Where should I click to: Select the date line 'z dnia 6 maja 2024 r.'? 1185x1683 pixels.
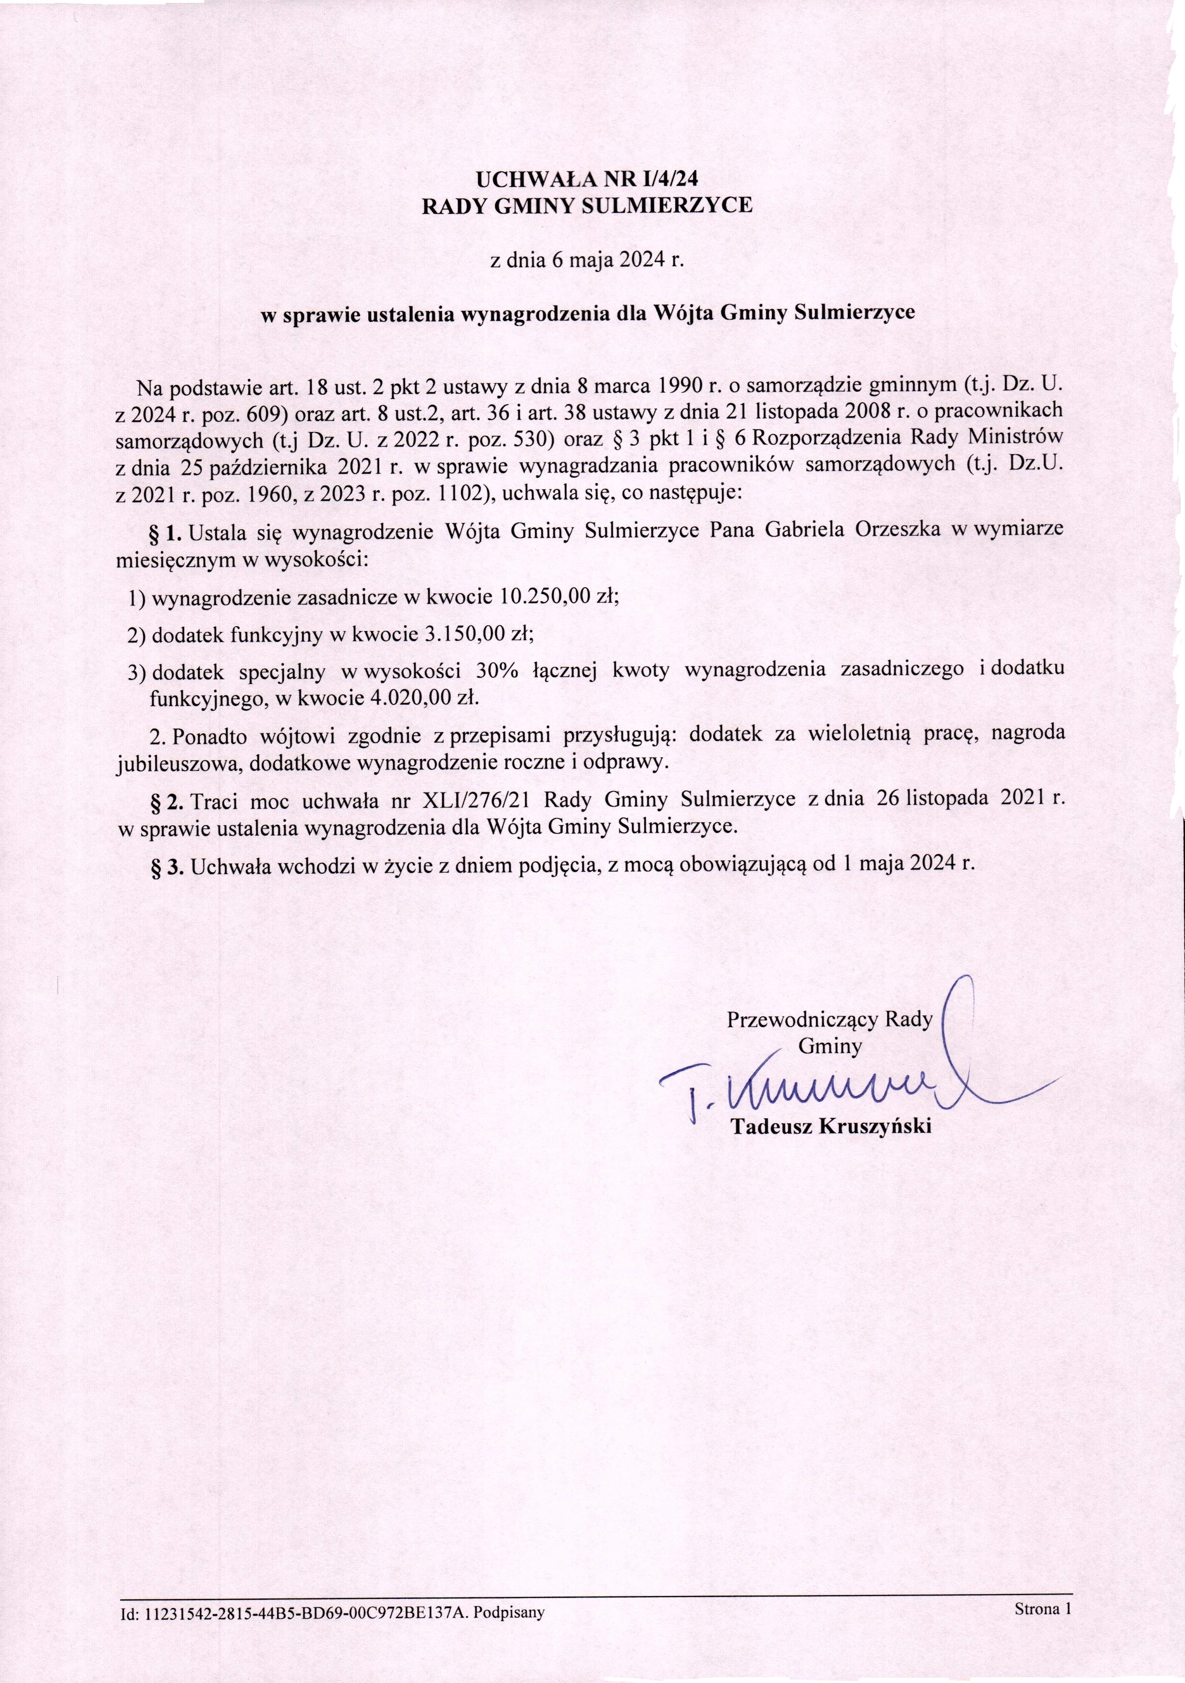point(586,260)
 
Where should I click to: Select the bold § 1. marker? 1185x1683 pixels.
point(166,531)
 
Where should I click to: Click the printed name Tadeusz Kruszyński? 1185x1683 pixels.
point(831,1126)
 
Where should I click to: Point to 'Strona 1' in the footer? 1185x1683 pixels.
point(1043,1605)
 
